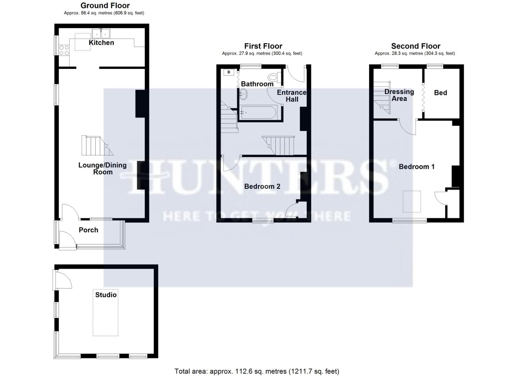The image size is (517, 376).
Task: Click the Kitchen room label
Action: tap(101, 42)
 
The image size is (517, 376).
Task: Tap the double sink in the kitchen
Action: tap(101, 33)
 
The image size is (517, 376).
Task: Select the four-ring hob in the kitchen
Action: tap(64, 50)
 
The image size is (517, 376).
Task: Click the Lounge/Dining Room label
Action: tap(102, 169)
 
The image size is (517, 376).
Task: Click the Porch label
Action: tap(88, 230)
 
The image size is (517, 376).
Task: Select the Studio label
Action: tap(106, 295)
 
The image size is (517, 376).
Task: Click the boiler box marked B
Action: tap(229, 72)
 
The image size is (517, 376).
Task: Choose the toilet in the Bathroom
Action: tap(274, 77)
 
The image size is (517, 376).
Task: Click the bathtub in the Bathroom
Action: tap(258, 112)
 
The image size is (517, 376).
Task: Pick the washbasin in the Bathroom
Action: tap(243, 94)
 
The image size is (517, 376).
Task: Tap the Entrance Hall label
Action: tap(292, 96)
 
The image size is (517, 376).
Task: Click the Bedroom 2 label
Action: tap(262, 187)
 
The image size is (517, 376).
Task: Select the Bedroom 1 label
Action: tap(416, 167)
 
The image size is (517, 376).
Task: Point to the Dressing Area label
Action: tap(399, 95)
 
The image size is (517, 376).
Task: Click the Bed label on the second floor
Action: tap(440, 93)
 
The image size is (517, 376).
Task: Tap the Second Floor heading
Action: tap(416, 46)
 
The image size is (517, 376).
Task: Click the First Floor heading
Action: tap(263, 46)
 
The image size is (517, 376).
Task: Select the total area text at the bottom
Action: tap(257, 371)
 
